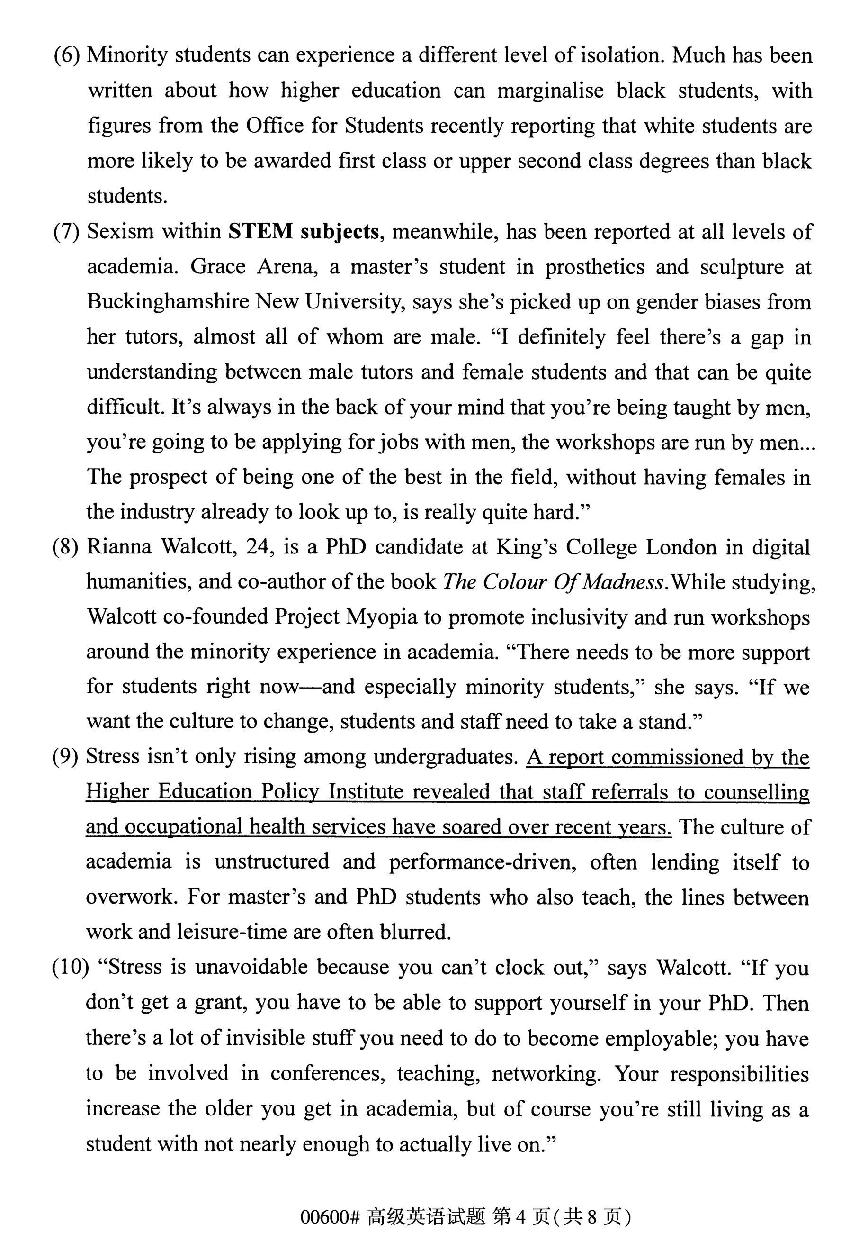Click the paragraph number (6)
pyautogui.click(x=67, y=55)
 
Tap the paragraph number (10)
pyautogui.click(x=70, y=967)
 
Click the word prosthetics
pyautogui.click(x=594, y=267)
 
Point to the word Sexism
pyautogui.click(x=119, y=232)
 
